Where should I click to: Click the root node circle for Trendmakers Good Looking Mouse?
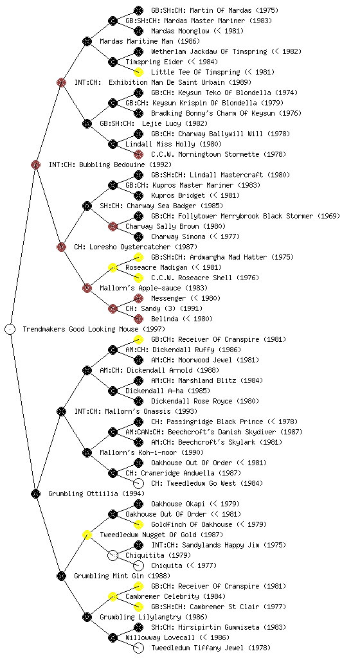coord(10,329)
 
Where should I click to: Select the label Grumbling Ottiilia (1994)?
coord(96,493)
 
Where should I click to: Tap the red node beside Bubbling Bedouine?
coord(35,164)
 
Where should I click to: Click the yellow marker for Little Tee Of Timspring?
coord(138,72)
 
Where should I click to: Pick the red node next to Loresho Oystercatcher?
coord(61,247)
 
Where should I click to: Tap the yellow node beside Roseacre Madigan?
coord(113,267)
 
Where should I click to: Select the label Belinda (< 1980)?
coord(182,319)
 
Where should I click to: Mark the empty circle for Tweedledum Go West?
coord(138,483)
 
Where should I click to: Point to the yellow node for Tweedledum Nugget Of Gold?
coord(87,535)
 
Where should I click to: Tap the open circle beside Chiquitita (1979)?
coord(113,555)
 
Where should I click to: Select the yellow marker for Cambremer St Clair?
coord(138,607)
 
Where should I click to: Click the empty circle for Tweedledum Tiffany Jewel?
coord(138,648)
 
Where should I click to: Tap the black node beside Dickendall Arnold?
coord(87,370)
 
